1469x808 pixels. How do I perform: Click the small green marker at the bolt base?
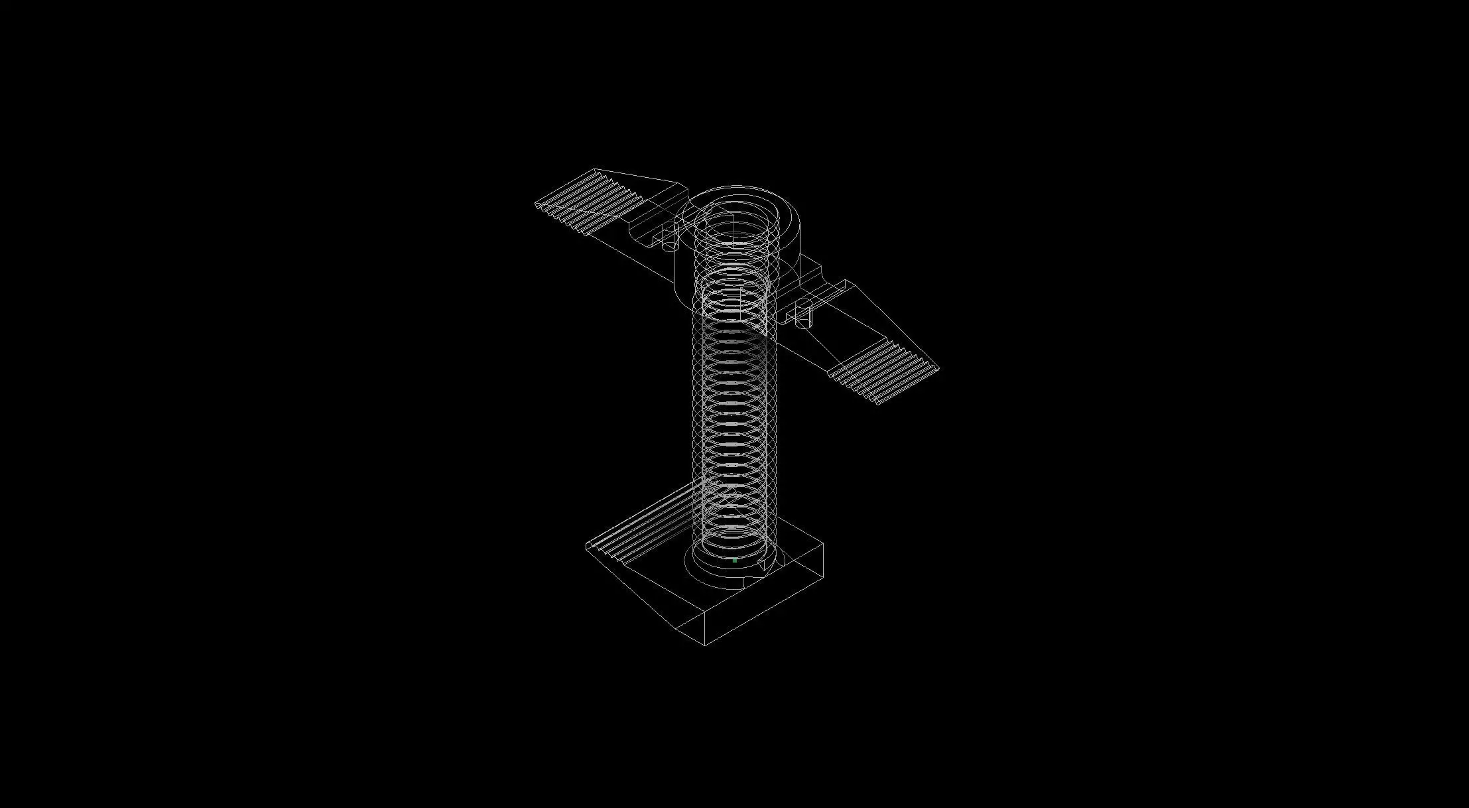pyautogui.click(x=735, y=561)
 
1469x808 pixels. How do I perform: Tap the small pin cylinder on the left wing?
pyautogui.click(x=669, y=237)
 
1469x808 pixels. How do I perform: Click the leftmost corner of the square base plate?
pyautogui.click(x=586, y=547)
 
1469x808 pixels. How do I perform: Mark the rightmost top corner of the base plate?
pyautogui.click(x=823, y=544)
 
